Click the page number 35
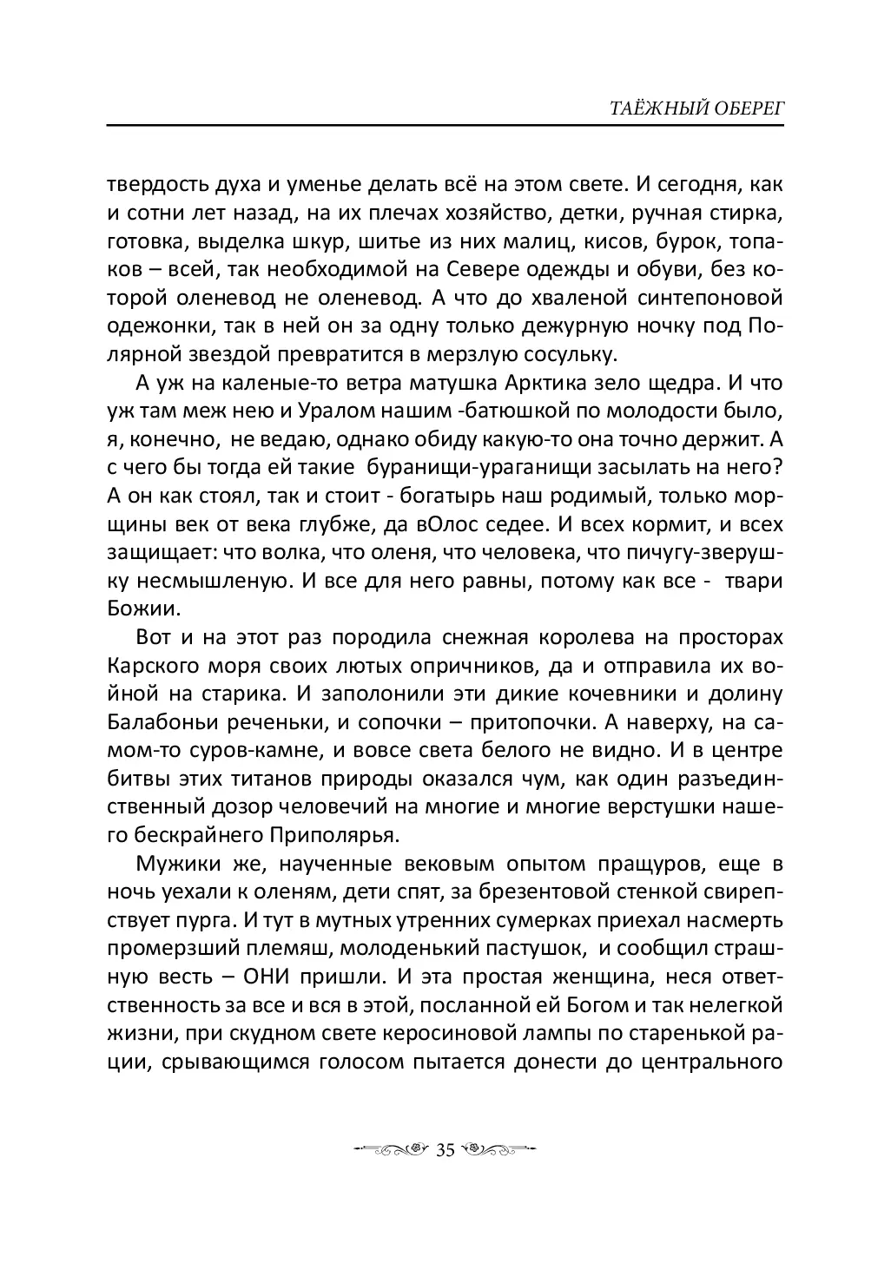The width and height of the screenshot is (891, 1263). click(445, 1150)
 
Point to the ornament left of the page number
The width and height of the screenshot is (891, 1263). click(396, 1150)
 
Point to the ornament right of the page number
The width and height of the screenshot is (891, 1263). click(497, 1150)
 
